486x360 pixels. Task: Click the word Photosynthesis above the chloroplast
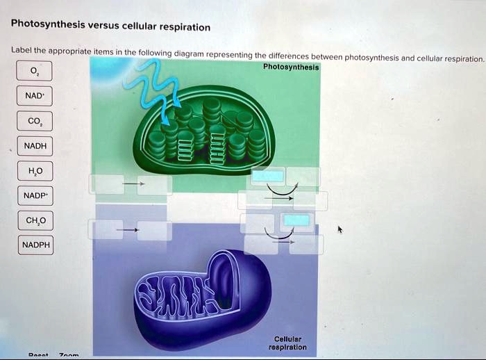[291, 67]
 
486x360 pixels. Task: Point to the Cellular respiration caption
[290, 343]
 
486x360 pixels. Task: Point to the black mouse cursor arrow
[340, 229]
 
